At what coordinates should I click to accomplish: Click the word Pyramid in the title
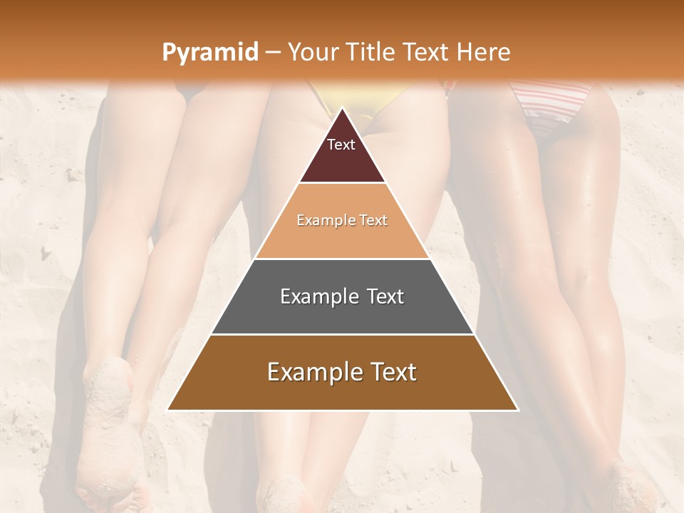tap(209, 53)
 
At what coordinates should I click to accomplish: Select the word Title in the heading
tap(370, 52)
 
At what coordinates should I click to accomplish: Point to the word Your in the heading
tap(312, 52)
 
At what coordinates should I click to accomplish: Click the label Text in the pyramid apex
tap(341, 145)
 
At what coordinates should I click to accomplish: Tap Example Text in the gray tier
tap(342, 296)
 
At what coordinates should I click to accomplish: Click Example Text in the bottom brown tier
tap(342, 372)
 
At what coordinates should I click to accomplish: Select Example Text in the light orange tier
tap(342, 220)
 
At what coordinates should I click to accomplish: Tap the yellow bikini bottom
tap(360, 107)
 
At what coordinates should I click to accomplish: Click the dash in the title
tap(272, 53)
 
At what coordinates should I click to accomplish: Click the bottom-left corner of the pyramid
tap(168, 410)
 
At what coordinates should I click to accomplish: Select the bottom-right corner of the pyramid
tap(518, 410)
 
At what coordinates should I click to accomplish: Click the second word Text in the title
tap(430, 52)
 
